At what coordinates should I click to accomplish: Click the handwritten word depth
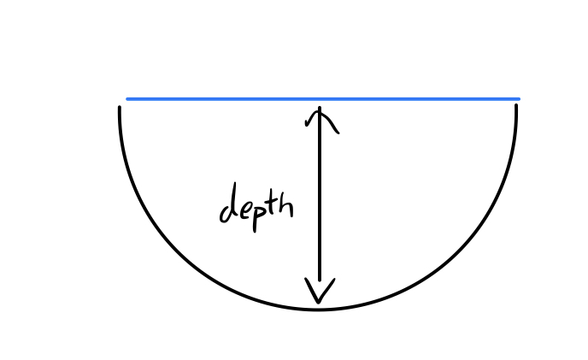pos(256,205)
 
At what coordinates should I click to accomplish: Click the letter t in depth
pos(273,204)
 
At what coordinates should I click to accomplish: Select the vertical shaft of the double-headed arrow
pos(320,205)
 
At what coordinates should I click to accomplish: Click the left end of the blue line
pos(128,99)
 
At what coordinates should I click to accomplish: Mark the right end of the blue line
pos(518,99)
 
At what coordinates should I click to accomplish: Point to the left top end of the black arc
pos(120,108)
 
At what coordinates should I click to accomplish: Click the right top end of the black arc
pos(516,108)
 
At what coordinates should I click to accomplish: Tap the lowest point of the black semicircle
pos(318,308)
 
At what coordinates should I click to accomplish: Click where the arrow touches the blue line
pos(320,101)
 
